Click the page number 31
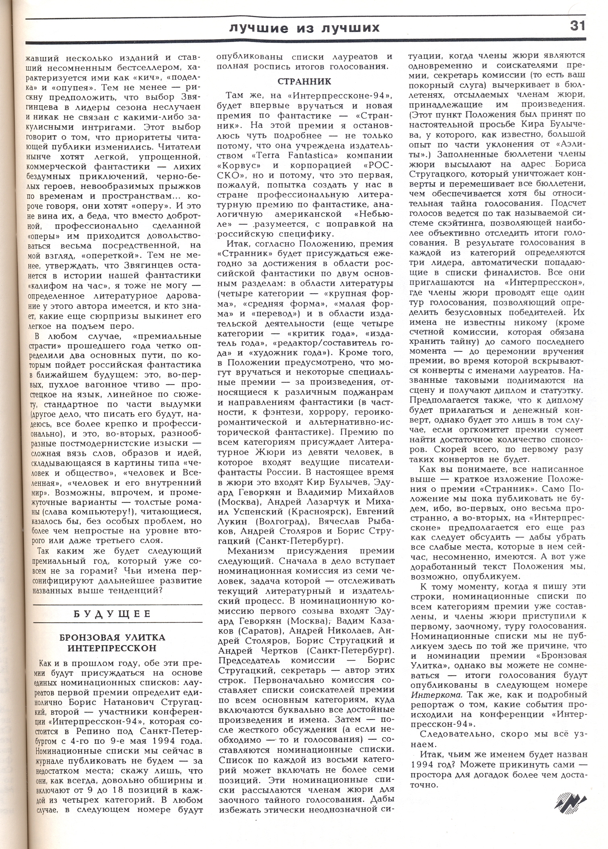[577, 27]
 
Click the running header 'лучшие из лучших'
[304, 27]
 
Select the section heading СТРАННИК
[304, 81]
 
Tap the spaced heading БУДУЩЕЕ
[118, 614]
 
